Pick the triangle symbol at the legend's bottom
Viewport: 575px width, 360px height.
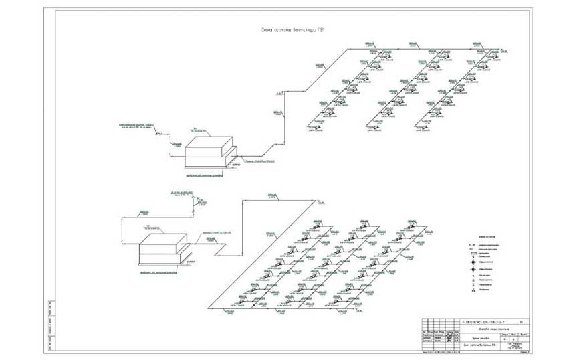473,290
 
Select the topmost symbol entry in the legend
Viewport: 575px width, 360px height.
473,246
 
